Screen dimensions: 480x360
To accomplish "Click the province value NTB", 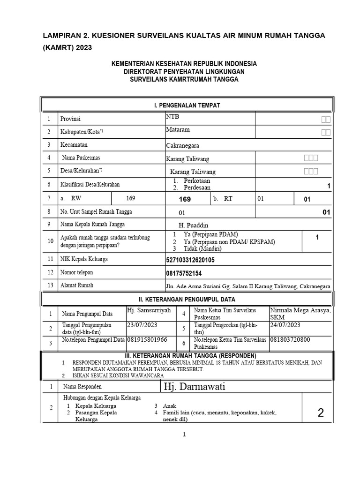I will pos(172,116).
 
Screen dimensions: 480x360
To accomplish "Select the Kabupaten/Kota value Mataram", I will pos(178,129).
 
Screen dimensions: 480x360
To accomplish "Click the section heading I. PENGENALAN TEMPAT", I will pos(187,105).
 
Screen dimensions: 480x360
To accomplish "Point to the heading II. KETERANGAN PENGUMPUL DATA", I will pos(187,299).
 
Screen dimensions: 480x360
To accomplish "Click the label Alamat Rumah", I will pos(77,285).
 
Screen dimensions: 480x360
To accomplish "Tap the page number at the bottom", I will pos(185,435).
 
